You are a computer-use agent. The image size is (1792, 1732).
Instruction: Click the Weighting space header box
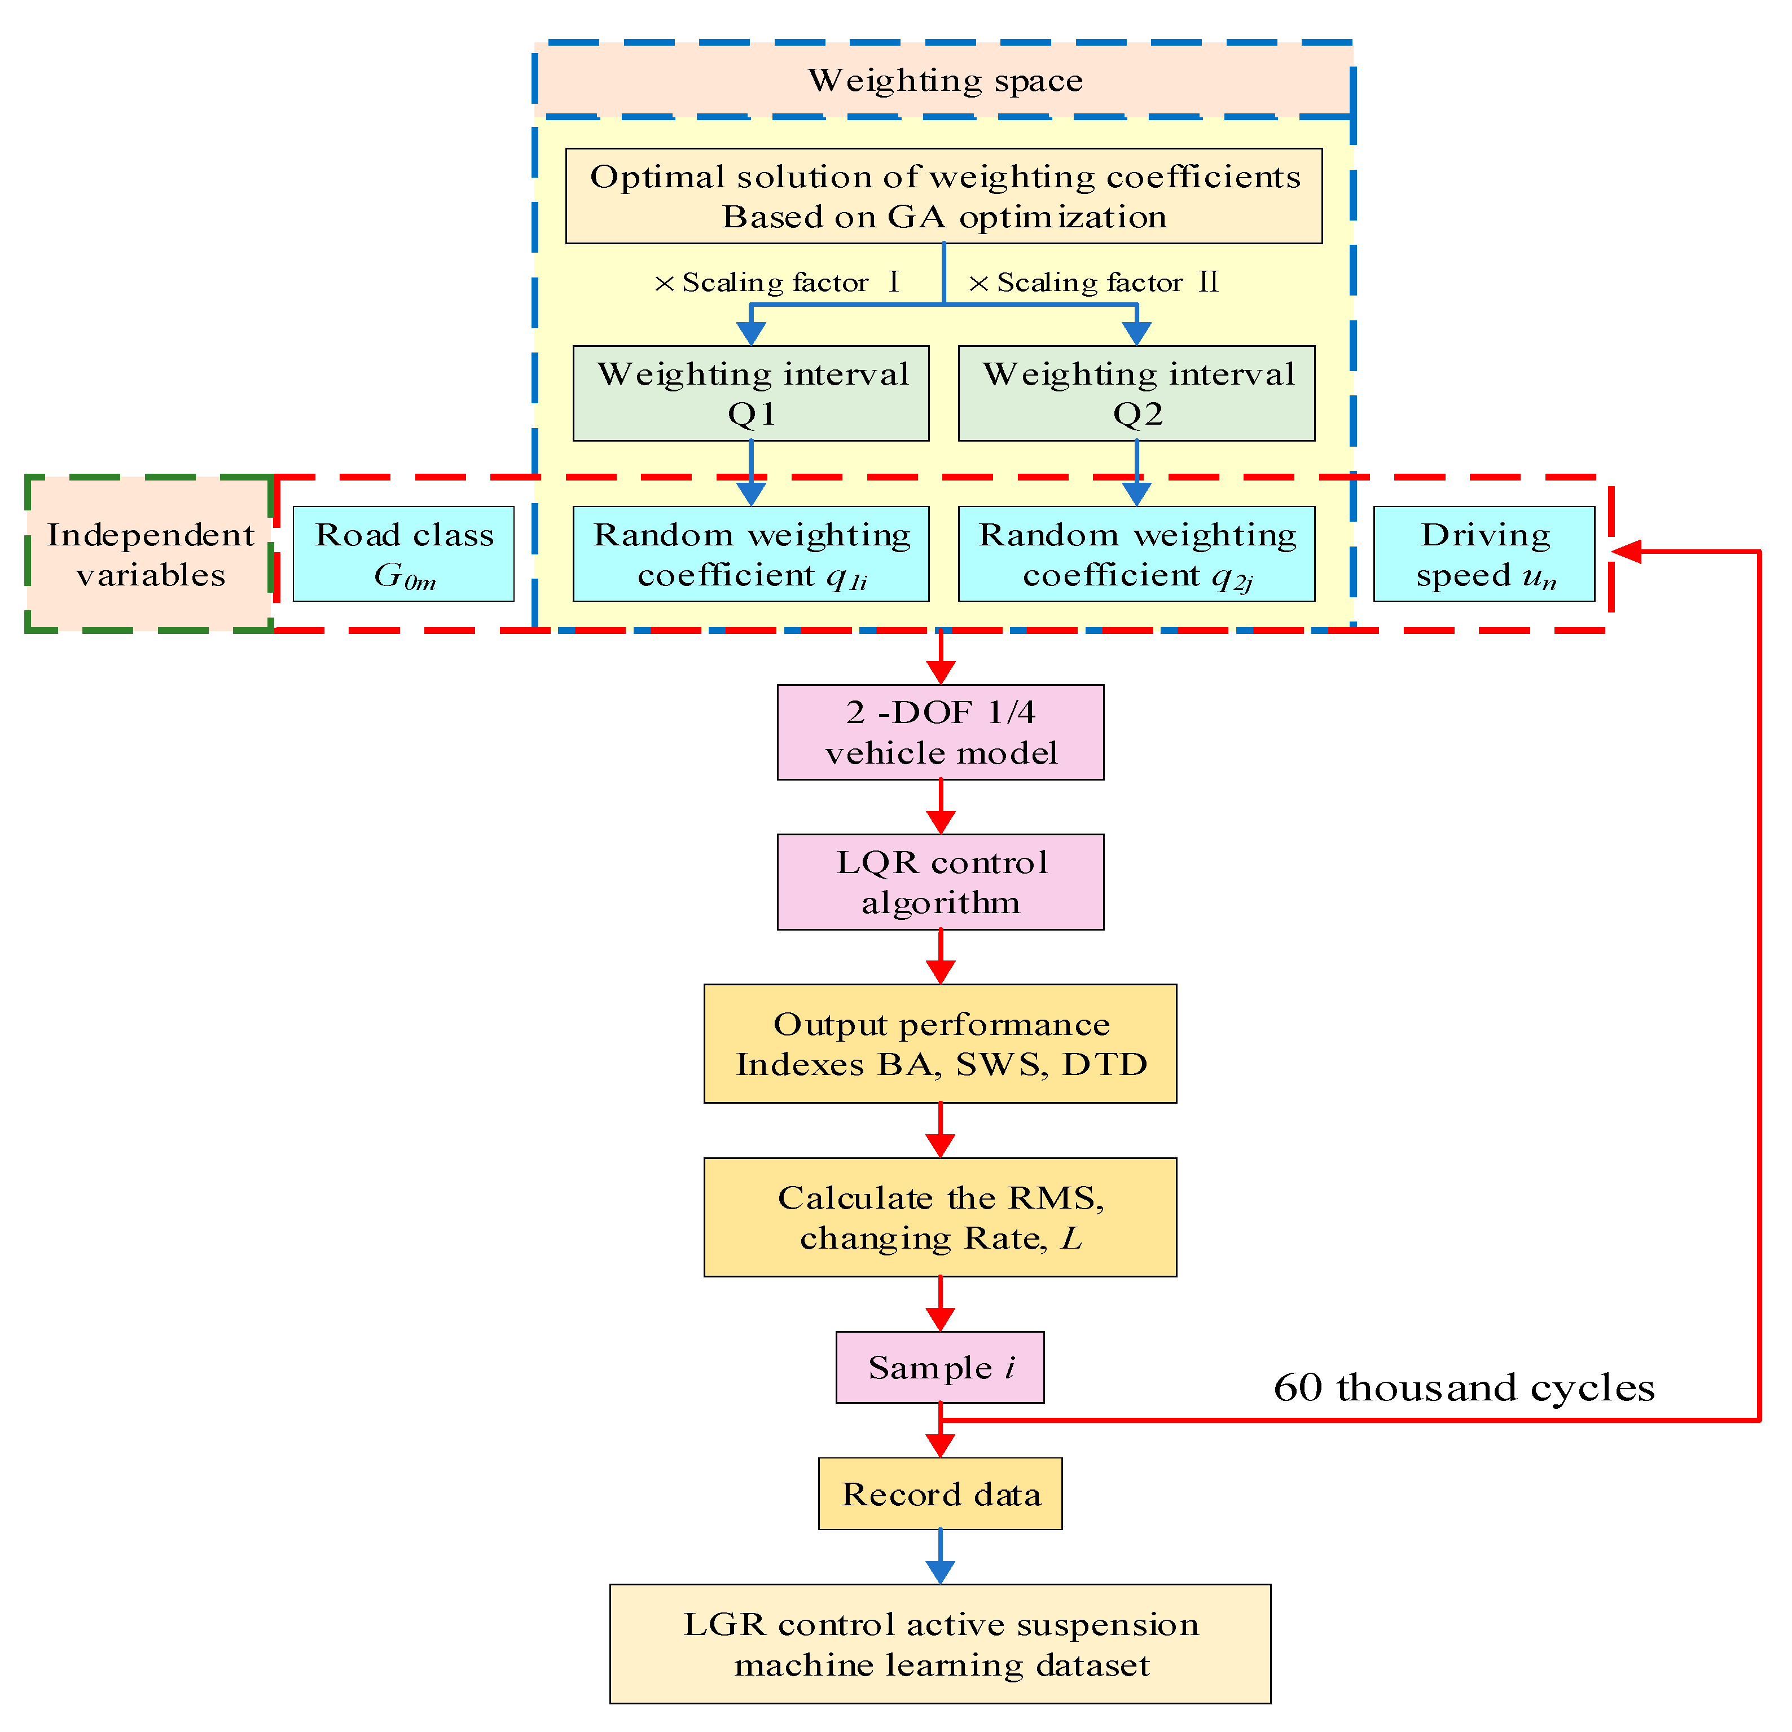[943, 81]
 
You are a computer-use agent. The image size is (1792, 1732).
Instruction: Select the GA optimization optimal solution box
[943, 196]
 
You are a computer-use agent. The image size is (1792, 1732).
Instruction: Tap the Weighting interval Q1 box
[750, 393]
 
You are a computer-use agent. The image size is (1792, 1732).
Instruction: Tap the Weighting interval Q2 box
[1136, 393]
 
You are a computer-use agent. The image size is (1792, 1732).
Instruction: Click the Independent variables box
[150, 554]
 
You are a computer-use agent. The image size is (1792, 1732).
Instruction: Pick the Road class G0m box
[403, 554]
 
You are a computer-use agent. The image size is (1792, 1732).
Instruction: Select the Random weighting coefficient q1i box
[750, 554]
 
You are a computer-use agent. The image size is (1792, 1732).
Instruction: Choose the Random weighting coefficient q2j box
[1136, 554]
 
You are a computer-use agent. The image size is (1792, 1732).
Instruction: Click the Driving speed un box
[1484, 554]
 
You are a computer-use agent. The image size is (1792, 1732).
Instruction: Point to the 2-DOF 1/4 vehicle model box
[940, 732]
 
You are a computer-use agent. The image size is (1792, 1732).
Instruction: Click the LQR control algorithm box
[940, 882]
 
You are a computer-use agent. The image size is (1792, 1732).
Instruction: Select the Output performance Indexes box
[940, 1044]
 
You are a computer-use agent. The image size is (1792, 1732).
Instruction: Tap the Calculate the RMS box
[940, 1218]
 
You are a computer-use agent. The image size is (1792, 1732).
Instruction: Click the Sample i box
[940, 1367]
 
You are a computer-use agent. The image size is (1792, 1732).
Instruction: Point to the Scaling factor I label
[777, 283]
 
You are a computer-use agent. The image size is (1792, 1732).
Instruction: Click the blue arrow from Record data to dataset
[940, 1557]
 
